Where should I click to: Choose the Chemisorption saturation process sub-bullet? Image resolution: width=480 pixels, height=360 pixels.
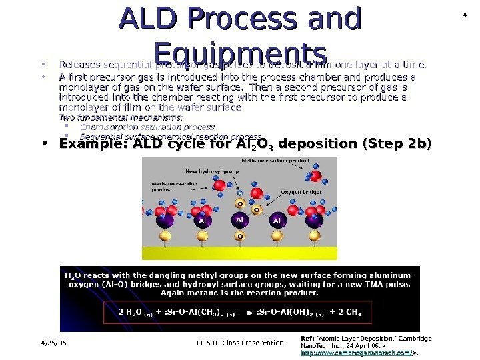click(147, 127)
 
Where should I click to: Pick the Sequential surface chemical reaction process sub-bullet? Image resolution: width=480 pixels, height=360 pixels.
click(170, 136)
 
